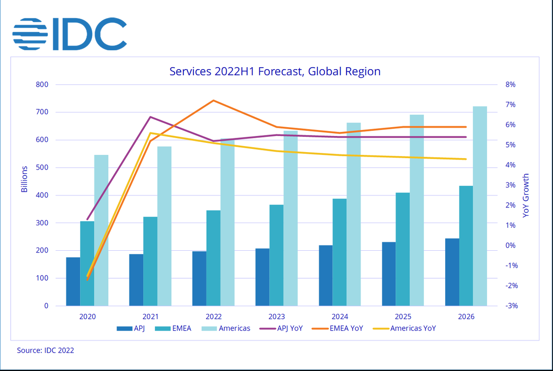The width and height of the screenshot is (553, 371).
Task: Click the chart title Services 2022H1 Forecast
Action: tap(275, 71)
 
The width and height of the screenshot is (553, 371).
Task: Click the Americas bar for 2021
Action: tap(164, 226)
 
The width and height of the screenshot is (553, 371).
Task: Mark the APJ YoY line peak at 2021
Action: tap(151, 117)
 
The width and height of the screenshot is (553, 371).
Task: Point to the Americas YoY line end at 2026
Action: tap(466, 159)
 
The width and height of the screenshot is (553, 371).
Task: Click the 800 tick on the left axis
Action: tap(43, 85)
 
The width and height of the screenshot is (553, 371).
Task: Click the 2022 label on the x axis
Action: tap(214, 317)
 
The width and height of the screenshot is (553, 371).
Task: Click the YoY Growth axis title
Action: tap(526, 195)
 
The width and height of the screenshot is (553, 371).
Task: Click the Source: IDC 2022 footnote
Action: tap(45, 350)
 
